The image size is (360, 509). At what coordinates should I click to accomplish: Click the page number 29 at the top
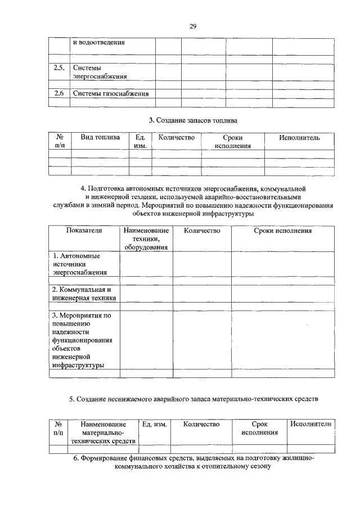(192, 26)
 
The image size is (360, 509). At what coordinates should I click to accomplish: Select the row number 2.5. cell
(58, 67)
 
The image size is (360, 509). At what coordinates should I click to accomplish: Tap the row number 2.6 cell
(58, 93)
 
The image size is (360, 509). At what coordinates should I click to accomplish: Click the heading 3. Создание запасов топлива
(192, 120)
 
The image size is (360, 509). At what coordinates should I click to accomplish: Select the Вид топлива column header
(100, 137)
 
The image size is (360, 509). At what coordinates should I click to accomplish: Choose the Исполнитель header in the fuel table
(299, 137)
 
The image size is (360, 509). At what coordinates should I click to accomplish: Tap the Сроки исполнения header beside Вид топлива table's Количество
(232, 141)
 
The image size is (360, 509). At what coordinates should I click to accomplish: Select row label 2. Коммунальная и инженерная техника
(83, 294)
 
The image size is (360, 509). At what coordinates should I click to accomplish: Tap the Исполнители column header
(311, 424)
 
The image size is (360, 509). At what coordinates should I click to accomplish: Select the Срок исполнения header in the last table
(259, 428)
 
